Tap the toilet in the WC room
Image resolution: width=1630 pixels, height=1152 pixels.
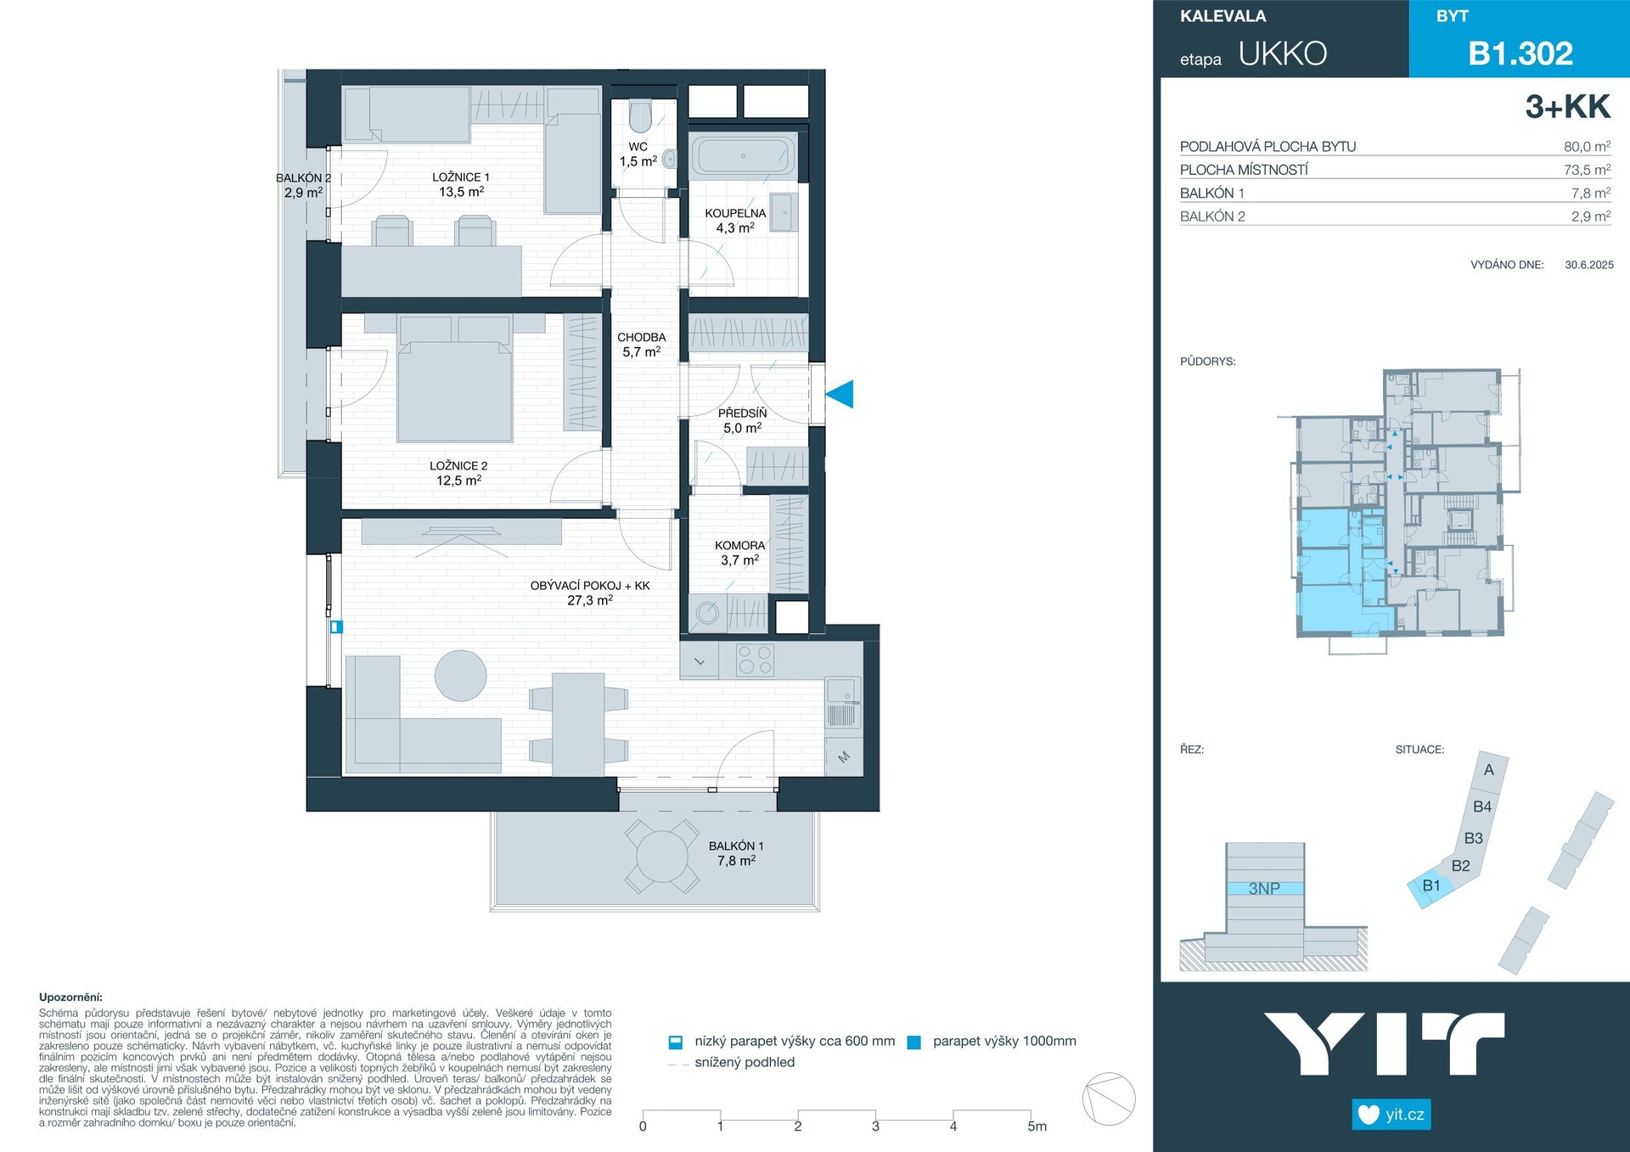tap(641, 117)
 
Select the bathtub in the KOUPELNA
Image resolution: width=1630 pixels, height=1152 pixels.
tap(743, 156)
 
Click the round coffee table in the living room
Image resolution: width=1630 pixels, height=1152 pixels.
tap(461, 676)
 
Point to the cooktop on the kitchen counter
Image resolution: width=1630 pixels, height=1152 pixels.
tap(755, 660)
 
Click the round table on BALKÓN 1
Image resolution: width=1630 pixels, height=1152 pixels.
tap(662, 857)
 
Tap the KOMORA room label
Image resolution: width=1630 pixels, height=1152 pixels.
tap(740, 546)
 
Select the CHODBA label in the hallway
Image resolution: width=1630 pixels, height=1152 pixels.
tap(642, 337)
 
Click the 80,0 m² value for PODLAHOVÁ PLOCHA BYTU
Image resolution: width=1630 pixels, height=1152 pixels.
tap(1587, 146)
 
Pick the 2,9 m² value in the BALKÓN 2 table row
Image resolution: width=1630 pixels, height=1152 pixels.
tap(1590, 216)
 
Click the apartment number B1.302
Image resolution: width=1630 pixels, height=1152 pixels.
tap(1520, 53)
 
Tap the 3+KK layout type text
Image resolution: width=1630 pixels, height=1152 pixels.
tap(1567, 107)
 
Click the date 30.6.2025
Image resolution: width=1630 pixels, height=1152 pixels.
tap(1589, 265)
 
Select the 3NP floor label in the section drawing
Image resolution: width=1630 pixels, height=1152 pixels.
tap(1264, 889)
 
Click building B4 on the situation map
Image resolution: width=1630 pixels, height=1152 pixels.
tap(1482, 806)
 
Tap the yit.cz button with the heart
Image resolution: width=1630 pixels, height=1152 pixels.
tap(1391, 1114)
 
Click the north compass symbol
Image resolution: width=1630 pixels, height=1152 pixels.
tap(1109, 1099)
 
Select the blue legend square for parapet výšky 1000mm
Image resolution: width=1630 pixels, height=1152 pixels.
tap(914, 1042)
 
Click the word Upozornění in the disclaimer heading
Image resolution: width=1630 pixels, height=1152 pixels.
tap(70, 997)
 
